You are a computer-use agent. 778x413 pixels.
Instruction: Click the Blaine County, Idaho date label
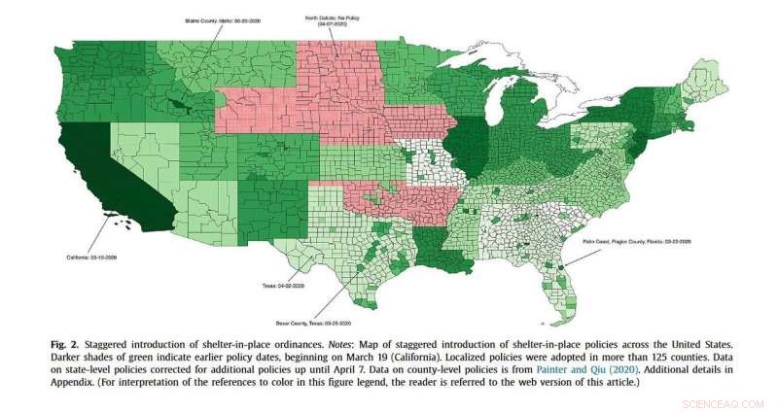(225, 18)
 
